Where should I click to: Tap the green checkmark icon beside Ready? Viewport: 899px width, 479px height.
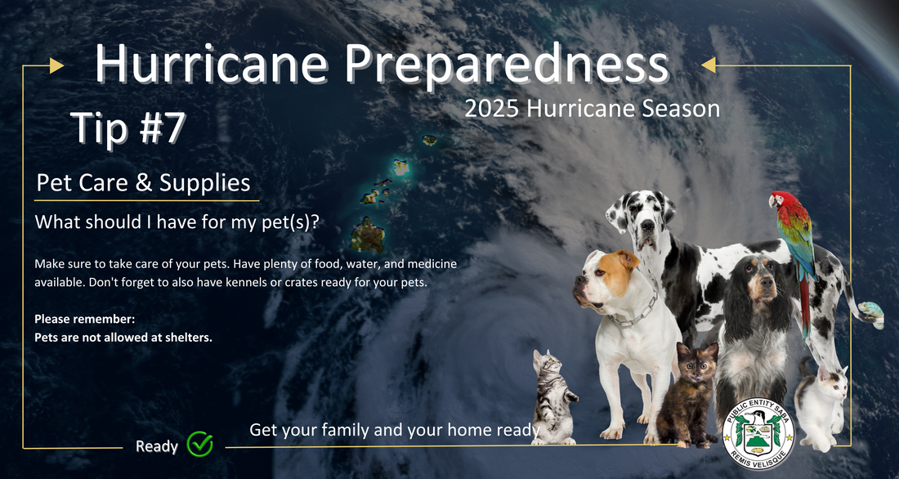click(x=200, y=443)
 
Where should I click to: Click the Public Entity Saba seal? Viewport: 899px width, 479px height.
click(x=758, y=433)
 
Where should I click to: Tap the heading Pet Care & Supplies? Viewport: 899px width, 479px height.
click(x=143, y=183)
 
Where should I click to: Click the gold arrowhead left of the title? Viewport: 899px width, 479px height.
click(x=56, y=66)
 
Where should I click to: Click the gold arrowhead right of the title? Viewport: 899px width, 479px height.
click(x=709, y=65)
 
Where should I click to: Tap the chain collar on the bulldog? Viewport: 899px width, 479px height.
click(x=634, y=313)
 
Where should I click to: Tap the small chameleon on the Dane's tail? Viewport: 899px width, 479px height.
click(x=871, y=314)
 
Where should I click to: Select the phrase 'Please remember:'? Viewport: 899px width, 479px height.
click(x=85, y=320)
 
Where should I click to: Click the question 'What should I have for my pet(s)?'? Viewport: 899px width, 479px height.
click(x=177, y=222)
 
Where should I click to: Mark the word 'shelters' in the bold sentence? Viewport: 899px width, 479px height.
click(x=190, y=338)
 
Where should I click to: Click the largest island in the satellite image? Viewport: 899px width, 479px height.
click(x=368, y=235)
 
